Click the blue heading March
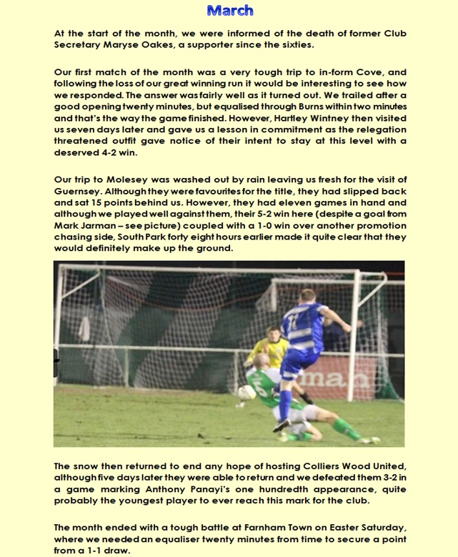tap(229, 10)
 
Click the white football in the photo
tap(248, 392)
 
